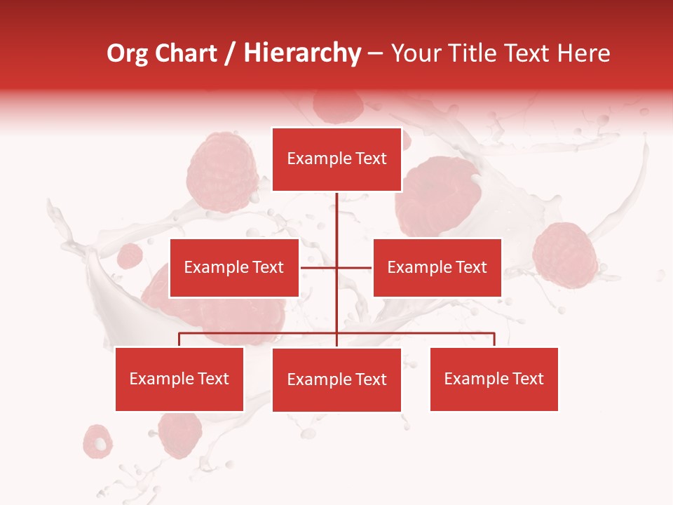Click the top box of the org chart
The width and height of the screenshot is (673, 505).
pyautogui.click(x=336, y=159)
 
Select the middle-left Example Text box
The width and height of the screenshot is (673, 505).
pyautogui.click(x=234, y=268)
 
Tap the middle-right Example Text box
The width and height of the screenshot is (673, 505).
pyautogui.click(x=437, y=268)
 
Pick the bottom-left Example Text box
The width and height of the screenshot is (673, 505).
pyautogui.click(x=179, y=379)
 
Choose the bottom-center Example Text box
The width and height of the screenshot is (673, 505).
pyautogui.click(x=336, y=380)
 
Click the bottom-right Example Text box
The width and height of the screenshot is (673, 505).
pyautogui.click(x=494, y=379)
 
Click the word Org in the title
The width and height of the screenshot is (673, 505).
pyautogui.click(x=127, y=53)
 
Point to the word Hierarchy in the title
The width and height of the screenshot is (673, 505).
pyautogui.click(x=302, y=53)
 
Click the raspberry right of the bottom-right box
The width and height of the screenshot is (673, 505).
pyautogui.click(x=565, y=255)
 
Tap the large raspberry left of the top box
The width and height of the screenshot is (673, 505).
pyautogui.click(x=222, y=173)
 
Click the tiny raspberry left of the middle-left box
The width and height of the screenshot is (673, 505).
pyautogui.click(x=130, y=256)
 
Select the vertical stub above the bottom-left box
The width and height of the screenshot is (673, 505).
pyautogui.click(x=179, y=339)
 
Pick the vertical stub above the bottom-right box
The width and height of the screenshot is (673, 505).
pyautogui.click(x=494, y=339)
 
